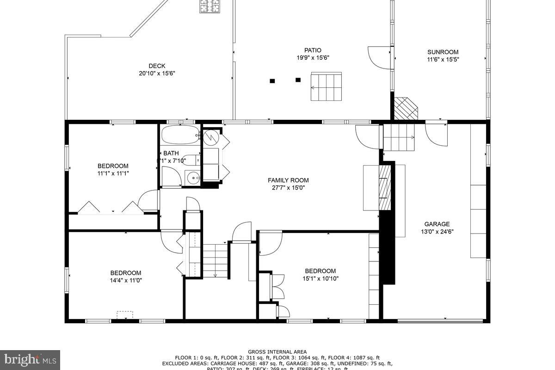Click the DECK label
pyautogui.click(x=157, y=66)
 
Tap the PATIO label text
pyautogui.click(x=313, y=50)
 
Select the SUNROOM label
pyautogui.click(x=443, y=52)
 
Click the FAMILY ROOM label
pyautogui.click(x=288, y=180)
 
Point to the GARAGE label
pyautogui.click(x=437, y=224)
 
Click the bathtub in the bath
pyautogui.click(x=180, y=135)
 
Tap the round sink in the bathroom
pyautogui.click(x=192, y=176)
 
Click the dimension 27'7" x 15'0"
pyautogui.click(x=288, y=188)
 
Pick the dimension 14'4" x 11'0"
pyautogui.click(x=125, y=280)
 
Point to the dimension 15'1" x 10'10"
pyautogui.click(x=320, y=278)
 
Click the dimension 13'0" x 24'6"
pyautogui.click(x=437, y=232)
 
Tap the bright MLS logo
pyautogui.click(x=30, y=359)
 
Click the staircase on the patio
pyautogui.click(x=326, y=86)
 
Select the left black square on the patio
pyautogui.click(x=272, y=81)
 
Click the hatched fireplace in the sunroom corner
pyautogui.click(x=406, y=109)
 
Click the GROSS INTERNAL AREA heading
pyautogui.click(x=277, y=352)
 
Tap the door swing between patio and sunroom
pyautogui.click(x=379, y=57)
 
